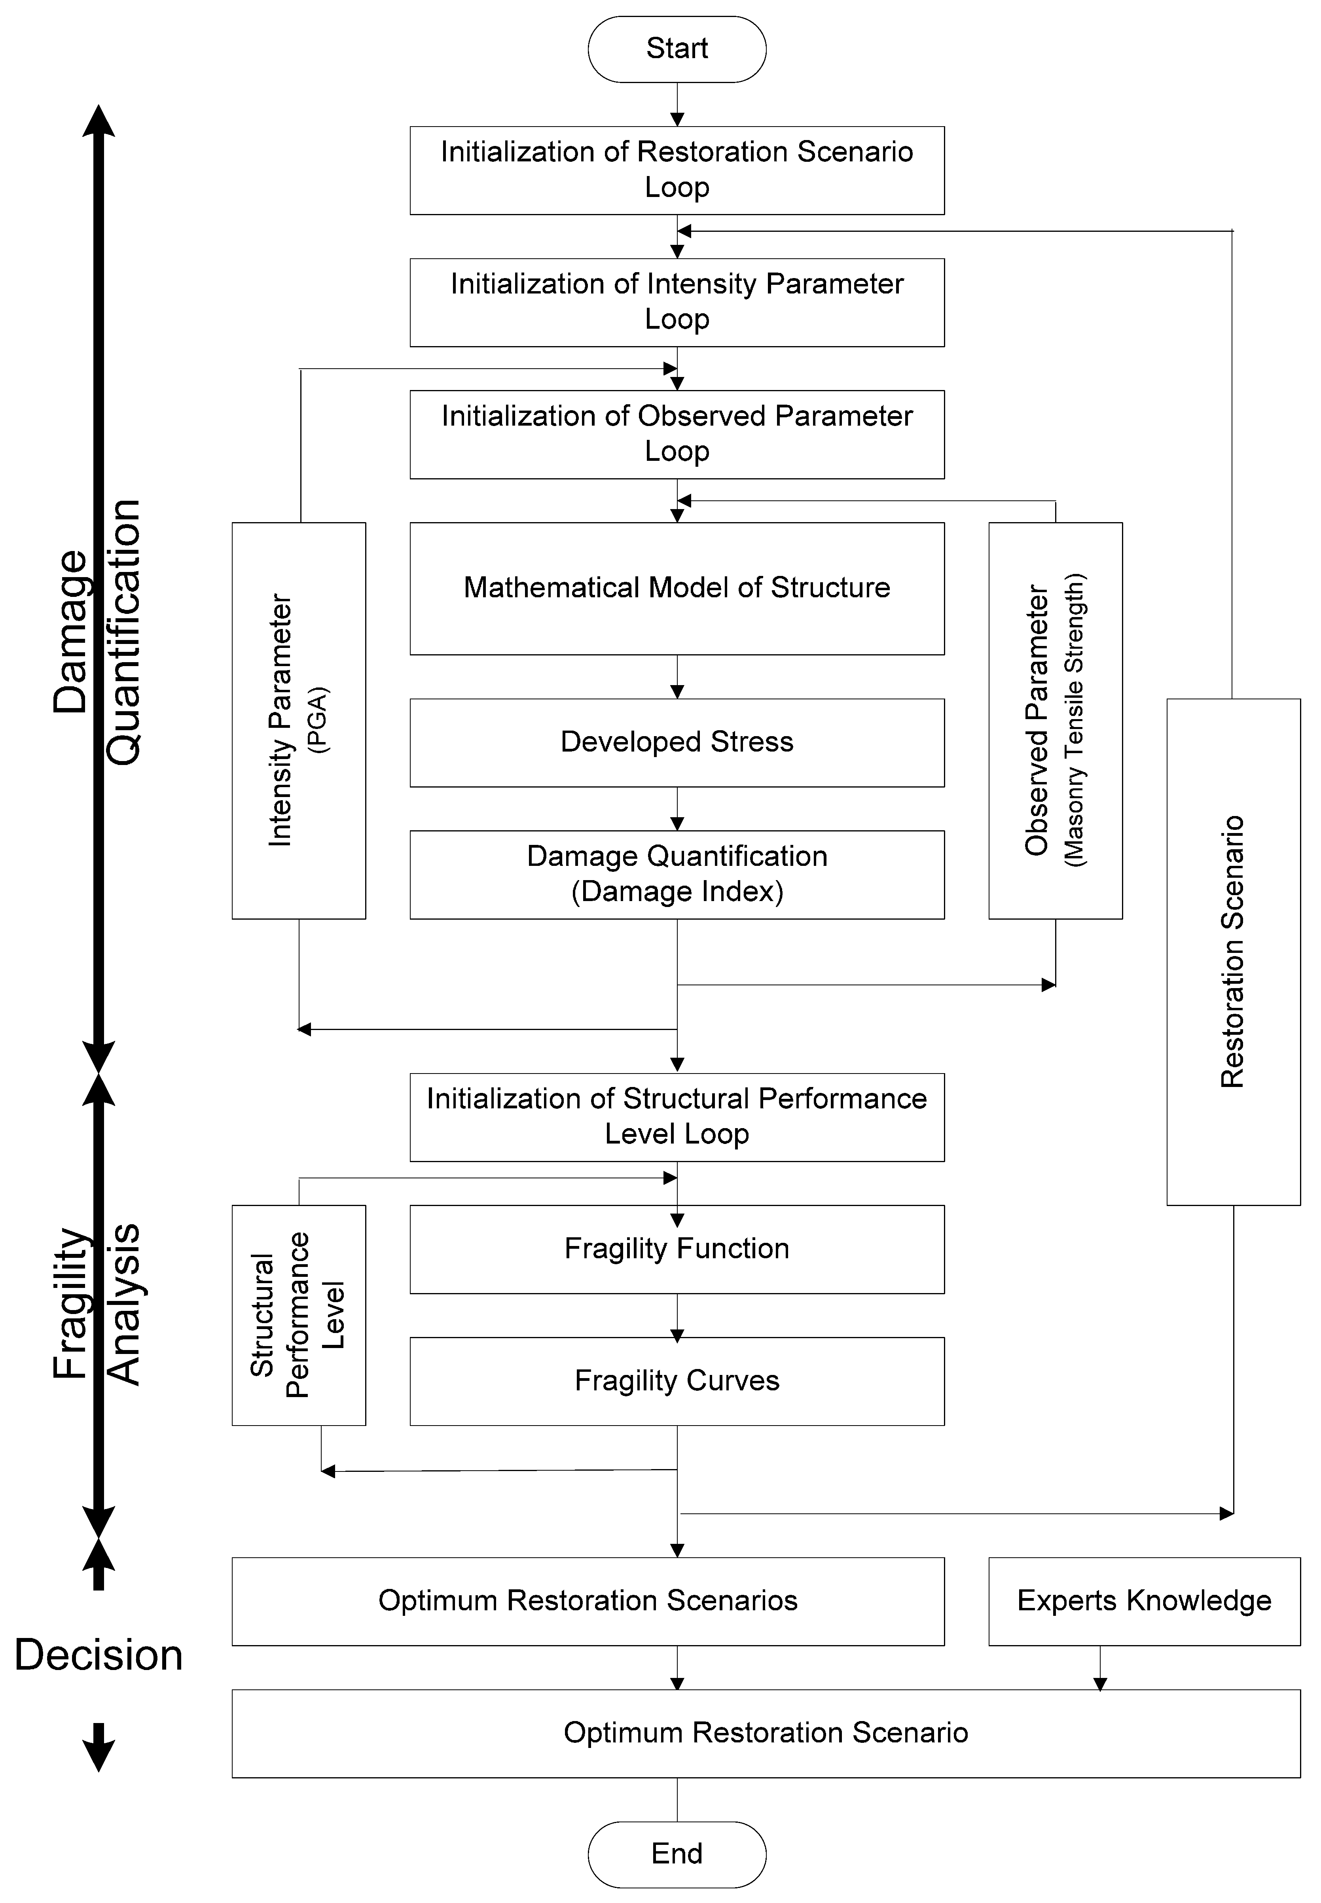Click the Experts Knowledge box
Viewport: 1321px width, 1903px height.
(1144, 1601)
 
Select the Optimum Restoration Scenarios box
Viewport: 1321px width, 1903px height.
(588, 1601)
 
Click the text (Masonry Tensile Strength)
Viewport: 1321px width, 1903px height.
(1075, 720)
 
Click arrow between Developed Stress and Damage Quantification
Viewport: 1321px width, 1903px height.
(677, 809)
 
